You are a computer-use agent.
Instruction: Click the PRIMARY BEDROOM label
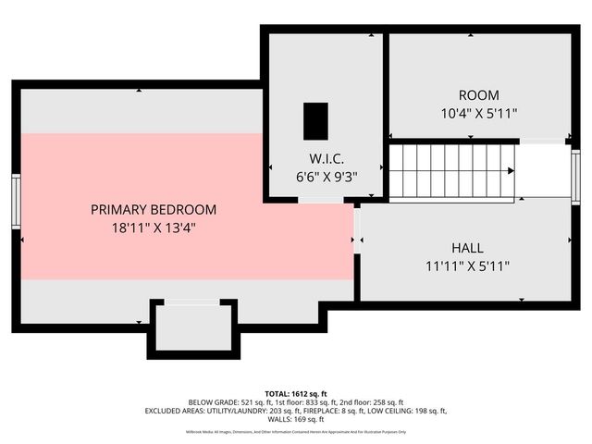coord(154,209)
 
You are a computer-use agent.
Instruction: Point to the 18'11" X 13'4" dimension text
coord(154,227)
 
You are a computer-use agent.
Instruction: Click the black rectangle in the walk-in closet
coord(315,119)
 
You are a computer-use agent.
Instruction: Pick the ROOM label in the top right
coord(478,95)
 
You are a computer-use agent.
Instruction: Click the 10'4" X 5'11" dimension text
coord(478,113)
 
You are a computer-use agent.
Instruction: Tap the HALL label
coord(467,248)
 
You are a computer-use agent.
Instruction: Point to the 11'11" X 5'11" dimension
coord(467,265)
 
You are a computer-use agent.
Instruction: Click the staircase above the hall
coord(450,171)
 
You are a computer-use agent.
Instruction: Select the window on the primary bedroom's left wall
coord(16,201)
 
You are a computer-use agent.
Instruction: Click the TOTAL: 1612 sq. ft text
coord(295,392)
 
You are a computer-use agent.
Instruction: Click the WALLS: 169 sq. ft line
coord(295,420)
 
